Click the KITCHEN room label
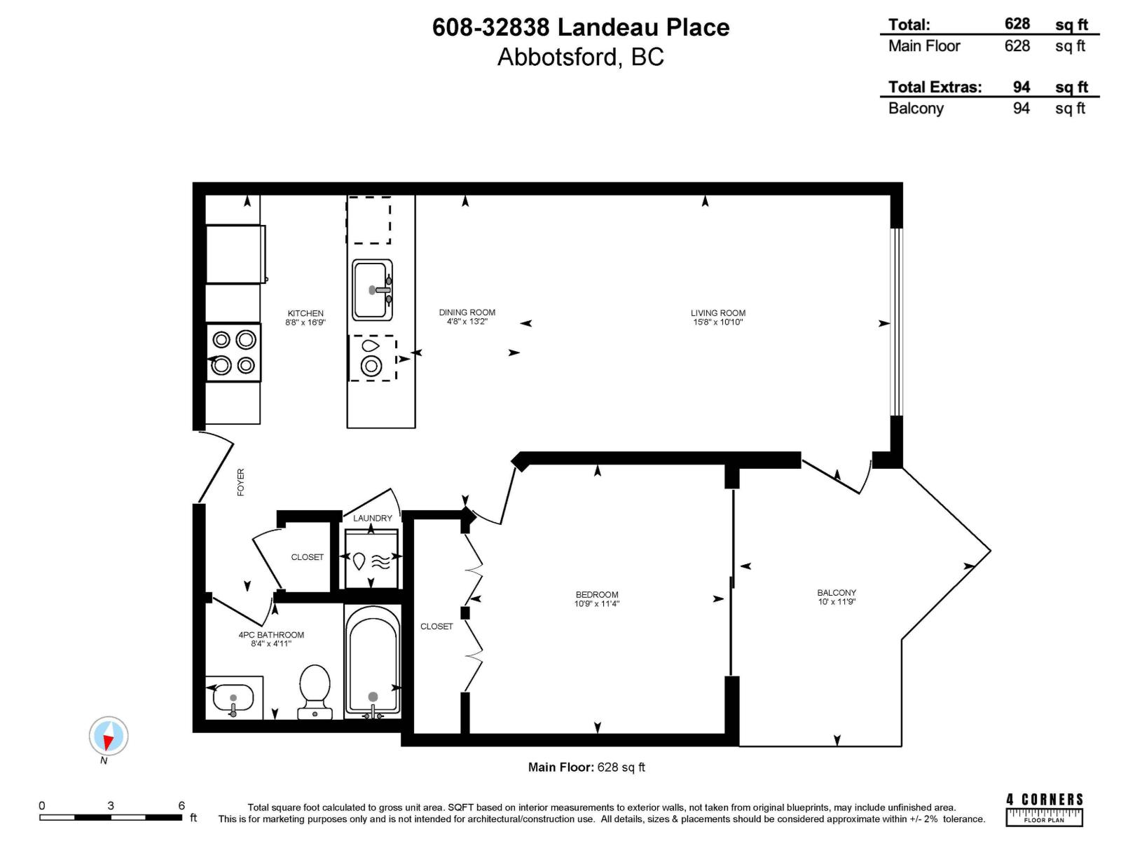305,313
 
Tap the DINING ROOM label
467,313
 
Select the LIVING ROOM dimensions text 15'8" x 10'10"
717,322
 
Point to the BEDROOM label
597,594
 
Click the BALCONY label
837,592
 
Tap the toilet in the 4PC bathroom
315,690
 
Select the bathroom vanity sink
232,699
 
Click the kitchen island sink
372,289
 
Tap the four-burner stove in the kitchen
233,352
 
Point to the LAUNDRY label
372,518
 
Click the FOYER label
241,482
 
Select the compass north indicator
109,737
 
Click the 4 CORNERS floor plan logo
1044,808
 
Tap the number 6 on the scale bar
181,806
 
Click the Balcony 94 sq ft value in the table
1021,109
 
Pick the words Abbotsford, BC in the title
580,57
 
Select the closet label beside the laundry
307,557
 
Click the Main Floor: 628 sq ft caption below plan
586,767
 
